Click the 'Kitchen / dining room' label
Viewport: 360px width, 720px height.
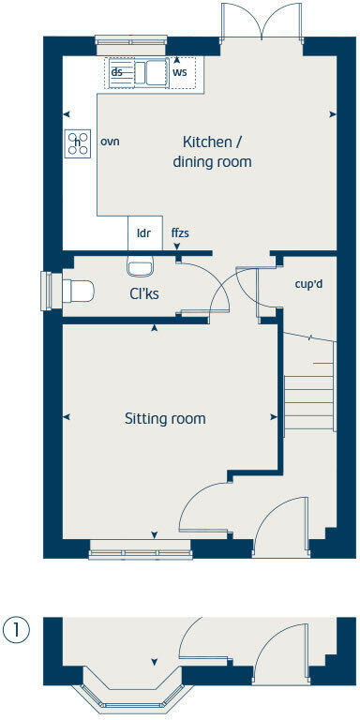click(212, 151)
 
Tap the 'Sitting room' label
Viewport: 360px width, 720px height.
click(165, 418)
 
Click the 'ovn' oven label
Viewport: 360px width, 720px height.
click(110, 142)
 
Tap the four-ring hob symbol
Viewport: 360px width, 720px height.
click(77, 142)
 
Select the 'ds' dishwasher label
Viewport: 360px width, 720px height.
click(117, 71)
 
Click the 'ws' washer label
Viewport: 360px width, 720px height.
click(179, 71)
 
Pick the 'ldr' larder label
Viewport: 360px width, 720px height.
click(143, 232)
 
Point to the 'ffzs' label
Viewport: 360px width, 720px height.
click(180, 232)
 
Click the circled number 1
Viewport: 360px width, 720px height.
click(16, 629)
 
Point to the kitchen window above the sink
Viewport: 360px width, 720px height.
click(133, 39)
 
